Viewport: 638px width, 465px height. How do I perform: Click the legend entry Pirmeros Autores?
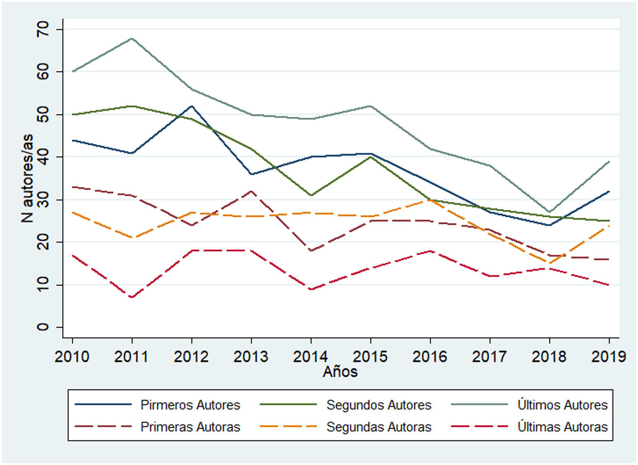(x=190, y=405)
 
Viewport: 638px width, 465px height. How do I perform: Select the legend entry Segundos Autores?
(x=378, y=405)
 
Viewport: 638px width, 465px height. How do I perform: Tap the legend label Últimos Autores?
(x=562, y=405)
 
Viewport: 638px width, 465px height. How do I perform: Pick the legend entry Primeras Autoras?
(x=190, y=427)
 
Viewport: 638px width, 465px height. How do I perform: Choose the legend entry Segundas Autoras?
(x=378, y=427)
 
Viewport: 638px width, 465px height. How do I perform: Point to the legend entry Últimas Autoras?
(x=562, y=427)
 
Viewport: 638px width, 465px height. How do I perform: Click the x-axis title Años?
(x=340, y=372)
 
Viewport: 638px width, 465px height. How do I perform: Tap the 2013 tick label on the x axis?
(x=251, y=356)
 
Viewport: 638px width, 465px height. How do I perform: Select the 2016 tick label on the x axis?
(x=430, y=356)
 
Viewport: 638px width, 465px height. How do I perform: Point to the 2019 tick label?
(x=609, y=356)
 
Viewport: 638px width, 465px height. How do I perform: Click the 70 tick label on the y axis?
(x=43, y=30)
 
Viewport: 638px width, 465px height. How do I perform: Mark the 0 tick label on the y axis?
(x=43, y=327)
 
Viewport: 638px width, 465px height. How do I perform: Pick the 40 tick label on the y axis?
(x=43, y=157)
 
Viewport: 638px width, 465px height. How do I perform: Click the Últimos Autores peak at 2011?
(x=132, y=38)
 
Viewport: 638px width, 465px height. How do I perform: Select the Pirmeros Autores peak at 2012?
(x=191, y=106)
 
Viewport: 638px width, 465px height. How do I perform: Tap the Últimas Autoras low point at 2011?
(x=132, y=297)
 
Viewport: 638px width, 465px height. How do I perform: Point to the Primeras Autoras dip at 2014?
(x=311, y=251)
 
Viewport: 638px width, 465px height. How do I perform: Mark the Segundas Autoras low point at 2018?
(x=550, y=263)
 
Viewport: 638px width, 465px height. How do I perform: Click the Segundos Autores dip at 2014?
(x=311, y=195)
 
